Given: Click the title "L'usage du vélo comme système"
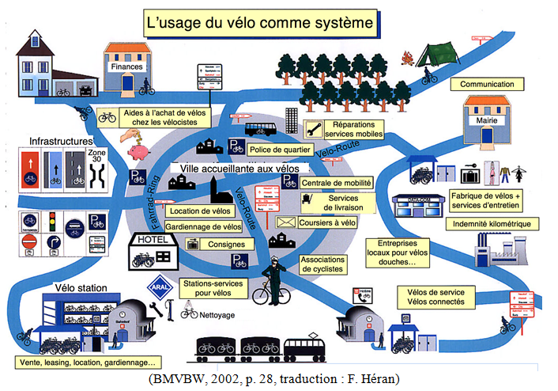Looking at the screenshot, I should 259,23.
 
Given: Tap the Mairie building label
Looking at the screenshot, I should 482,122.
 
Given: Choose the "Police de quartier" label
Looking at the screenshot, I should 280,149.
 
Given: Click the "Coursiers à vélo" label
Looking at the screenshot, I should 327,223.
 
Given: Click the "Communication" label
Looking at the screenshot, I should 487,84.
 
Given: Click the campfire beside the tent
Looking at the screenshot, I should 408,58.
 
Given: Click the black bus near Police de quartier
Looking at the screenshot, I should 260,129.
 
